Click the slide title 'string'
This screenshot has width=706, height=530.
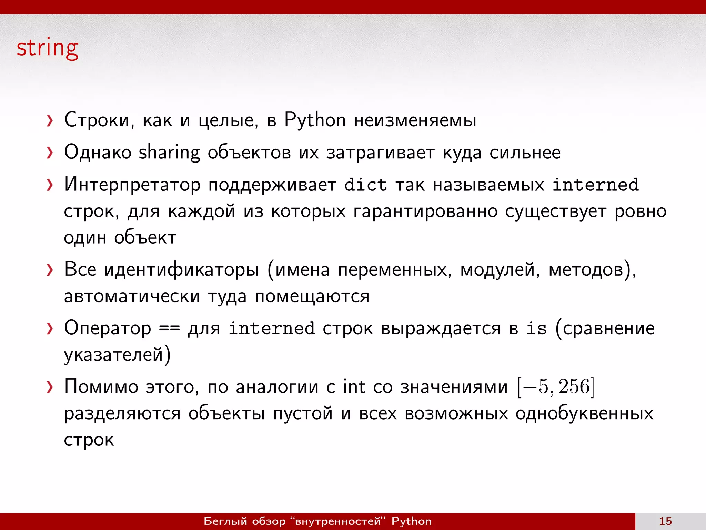click(48, 48)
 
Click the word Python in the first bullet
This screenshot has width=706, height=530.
click(315, 120)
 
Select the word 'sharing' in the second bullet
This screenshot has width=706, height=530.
click(169, 153)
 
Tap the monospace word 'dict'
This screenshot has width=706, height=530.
click(365, 185)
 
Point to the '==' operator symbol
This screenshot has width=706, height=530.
click(169, 328)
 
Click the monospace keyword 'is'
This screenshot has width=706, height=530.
click(536, 328)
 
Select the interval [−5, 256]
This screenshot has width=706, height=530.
click(556, 387)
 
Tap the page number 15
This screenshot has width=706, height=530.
click(665, 521)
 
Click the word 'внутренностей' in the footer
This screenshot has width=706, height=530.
click(338, 521)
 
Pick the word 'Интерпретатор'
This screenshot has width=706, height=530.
click(132, 185)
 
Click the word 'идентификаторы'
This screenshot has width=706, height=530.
click(181, 270)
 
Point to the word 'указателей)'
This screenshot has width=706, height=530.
click(117, 355)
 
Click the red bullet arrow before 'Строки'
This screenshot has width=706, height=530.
click(50, 121)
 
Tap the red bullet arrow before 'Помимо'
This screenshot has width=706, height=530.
click(50, 387)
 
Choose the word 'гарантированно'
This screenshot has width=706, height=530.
click(425, 212)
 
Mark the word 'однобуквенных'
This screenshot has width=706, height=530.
click(584, 413)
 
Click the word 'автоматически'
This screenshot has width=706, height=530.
click(132, 296)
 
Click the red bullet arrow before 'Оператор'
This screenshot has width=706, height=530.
click(50, 328)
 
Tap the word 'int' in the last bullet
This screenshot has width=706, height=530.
click(354, 386)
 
